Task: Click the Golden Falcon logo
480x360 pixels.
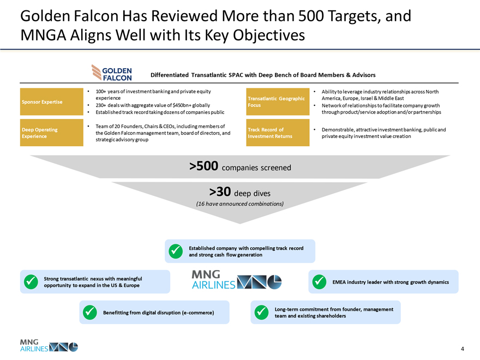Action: (x=112, y=73)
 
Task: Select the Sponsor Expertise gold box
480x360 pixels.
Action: (x=52, y=101)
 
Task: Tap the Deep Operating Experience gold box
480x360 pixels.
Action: (x=52, y=133)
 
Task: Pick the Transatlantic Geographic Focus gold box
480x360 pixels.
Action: (x=278, y=101)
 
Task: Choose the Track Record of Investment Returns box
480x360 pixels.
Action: (x=278, y=133)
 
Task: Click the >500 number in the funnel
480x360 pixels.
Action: (x=203, y=166)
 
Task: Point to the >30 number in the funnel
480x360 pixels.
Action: (x=220, y=192)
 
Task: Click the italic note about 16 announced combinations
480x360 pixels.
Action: (x=239, y=204)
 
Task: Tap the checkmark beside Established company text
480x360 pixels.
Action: (x=176, y=251)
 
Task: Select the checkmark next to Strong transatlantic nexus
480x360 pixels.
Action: (x=31, y=282)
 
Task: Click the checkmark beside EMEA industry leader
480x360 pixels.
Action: (x=319, y=282)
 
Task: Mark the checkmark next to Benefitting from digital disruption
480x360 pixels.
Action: (x=90, y=312)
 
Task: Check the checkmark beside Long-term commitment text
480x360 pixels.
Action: (x=261, y=312)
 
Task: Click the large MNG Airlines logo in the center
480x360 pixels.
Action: (x=237, y=279)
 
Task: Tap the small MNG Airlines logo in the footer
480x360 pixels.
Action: (x=49, y=345)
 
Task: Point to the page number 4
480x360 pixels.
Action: (x=463, y=349)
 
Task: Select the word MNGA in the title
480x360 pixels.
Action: (x=43, y=35)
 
